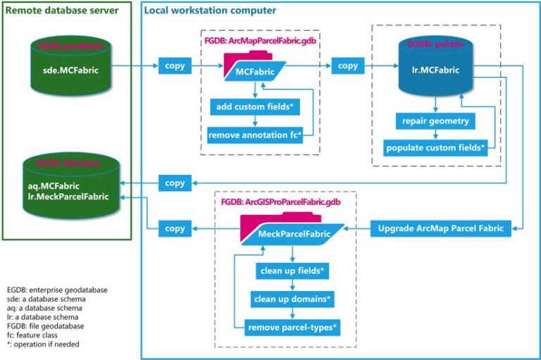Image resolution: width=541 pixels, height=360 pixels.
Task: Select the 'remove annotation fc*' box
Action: pos(255,135)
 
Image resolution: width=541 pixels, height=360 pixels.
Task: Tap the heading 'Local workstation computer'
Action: pos(209,11)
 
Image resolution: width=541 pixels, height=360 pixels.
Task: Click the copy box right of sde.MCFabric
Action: pos(175,66)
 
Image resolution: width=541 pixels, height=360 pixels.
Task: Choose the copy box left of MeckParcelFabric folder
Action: pos(175,229)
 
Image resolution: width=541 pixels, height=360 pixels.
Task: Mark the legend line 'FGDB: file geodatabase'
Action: pos(46,326)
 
